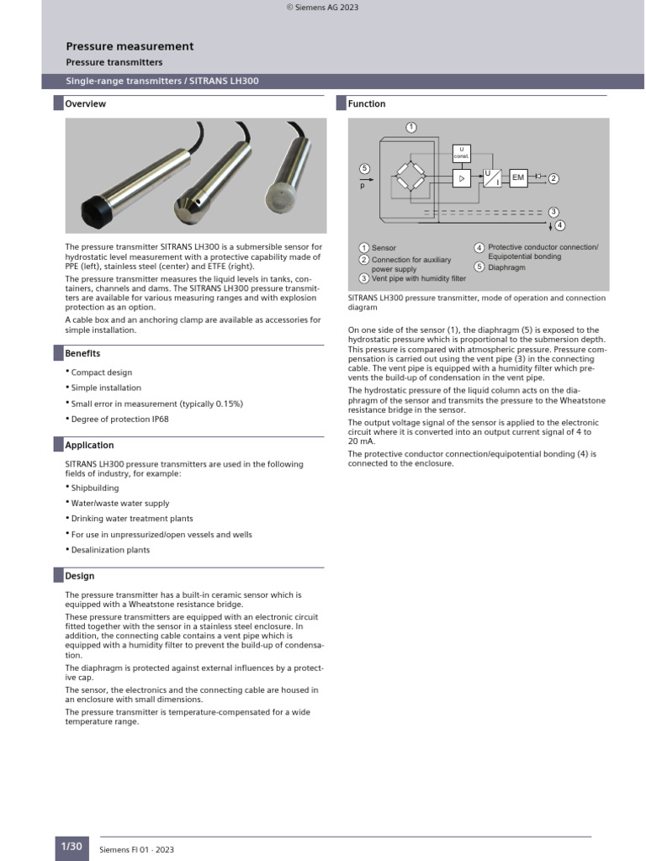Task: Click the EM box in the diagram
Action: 518,177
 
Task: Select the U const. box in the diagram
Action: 462,153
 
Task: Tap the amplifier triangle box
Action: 462,178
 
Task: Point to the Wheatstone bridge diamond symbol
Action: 411,177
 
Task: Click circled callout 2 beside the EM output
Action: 553,178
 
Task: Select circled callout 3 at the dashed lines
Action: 553,212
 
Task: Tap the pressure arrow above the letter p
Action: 364,178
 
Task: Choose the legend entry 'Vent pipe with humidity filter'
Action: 418,278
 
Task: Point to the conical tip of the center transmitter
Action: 186,204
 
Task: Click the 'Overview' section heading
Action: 86,104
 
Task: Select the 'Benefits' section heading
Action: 83,354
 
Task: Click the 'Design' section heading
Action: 80,576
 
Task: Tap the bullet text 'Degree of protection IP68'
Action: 119,420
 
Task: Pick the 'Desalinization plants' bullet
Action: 110,550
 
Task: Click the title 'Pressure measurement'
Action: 130,47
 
